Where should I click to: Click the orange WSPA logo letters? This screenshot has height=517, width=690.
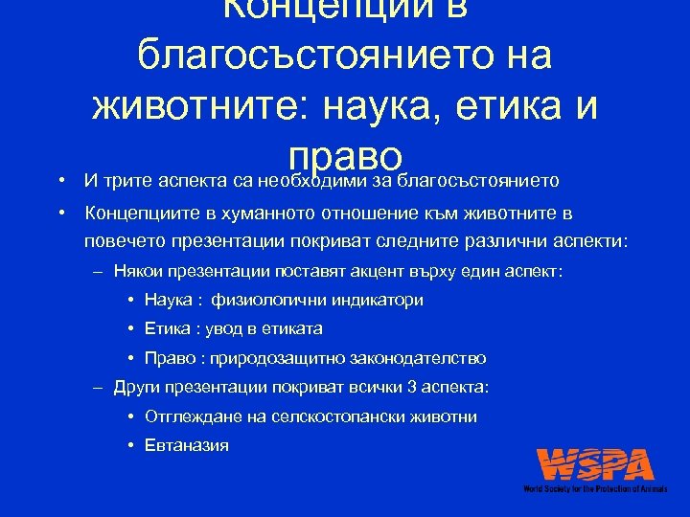(595, 465)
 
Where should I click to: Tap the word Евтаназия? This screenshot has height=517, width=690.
(187, 446)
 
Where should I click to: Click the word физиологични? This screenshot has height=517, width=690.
(270, 300)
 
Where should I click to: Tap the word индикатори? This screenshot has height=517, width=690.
(378, 300)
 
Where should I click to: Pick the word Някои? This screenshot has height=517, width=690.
(138, 271)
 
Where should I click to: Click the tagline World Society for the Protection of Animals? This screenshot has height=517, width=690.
(596, 489)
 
